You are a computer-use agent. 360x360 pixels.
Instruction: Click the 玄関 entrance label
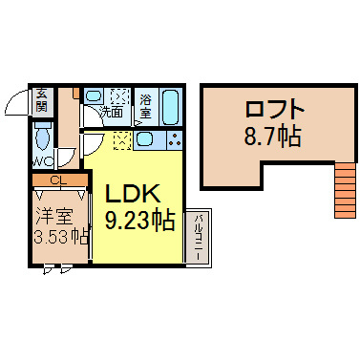click(41, 99)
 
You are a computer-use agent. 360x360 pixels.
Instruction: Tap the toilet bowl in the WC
click(43, 137)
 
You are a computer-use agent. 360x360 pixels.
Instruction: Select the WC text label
click(44, 162)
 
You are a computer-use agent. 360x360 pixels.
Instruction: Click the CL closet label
click(59, 180)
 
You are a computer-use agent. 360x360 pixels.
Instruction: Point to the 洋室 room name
click(53, 217)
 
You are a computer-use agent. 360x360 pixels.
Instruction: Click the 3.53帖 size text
click(60, 237)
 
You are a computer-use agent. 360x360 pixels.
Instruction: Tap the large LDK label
click(133, 194)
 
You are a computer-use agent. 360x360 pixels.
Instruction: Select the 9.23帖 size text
click(139, 221)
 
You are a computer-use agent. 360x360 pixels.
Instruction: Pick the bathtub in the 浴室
click(171, 107)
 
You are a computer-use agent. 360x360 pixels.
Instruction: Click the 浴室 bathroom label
click(145, 106)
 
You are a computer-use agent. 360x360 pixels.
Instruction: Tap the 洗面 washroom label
click(111, 112)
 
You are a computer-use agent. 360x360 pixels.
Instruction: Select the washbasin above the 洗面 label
click(95, 95)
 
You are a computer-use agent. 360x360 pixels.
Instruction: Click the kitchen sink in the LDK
click(145, 139)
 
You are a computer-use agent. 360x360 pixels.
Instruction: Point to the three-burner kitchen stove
click(174, 139)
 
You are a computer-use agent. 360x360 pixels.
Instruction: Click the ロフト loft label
click(274, 109)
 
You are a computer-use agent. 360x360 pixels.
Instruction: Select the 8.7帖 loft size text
click(272, 136)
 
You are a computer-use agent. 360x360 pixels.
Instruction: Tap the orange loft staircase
click(345, 190)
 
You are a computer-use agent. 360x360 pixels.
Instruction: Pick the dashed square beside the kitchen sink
click(121, 140)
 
